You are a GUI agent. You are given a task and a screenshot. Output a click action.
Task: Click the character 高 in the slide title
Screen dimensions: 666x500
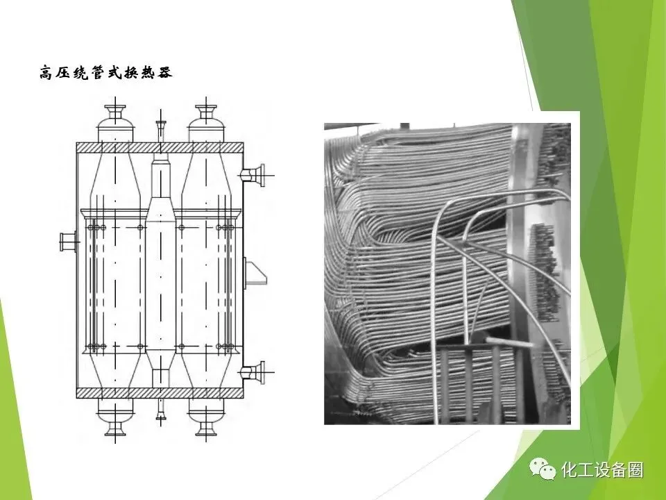(x=48, y=72)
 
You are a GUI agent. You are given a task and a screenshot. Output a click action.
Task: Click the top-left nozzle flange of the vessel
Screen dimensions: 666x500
(x=116, y=110)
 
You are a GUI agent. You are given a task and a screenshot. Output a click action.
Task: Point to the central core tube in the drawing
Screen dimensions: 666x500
(x=161, y=271)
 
